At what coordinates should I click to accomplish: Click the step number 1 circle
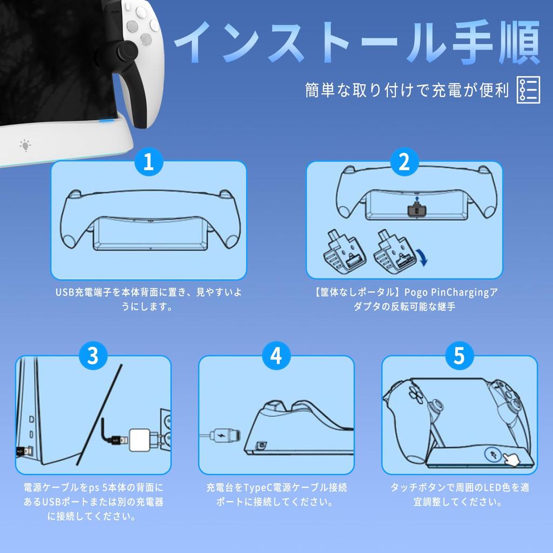tap(149, 161)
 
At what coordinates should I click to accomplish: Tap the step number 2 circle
tap(404, 161)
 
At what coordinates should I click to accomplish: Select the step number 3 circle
tap(93, 355)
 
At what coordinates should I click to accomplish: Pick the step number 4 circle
tap(276, 355)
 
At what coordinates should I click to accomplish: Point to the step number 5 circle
tap(459, 355)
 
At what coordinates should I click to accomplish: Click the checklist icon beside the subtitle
tap(528, 90)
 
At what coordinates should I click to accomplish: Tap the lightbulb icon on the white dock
tap(25, 145)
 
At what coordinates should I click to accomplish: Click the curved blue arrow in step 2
tap(422, 257)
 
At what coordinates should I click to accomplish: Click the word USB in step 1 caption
tap(65, 292)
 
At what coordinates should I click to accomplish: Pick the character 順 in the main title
tap(520, 42)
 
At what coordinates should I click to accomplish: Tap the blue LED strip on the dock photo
tap(106, 120)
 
